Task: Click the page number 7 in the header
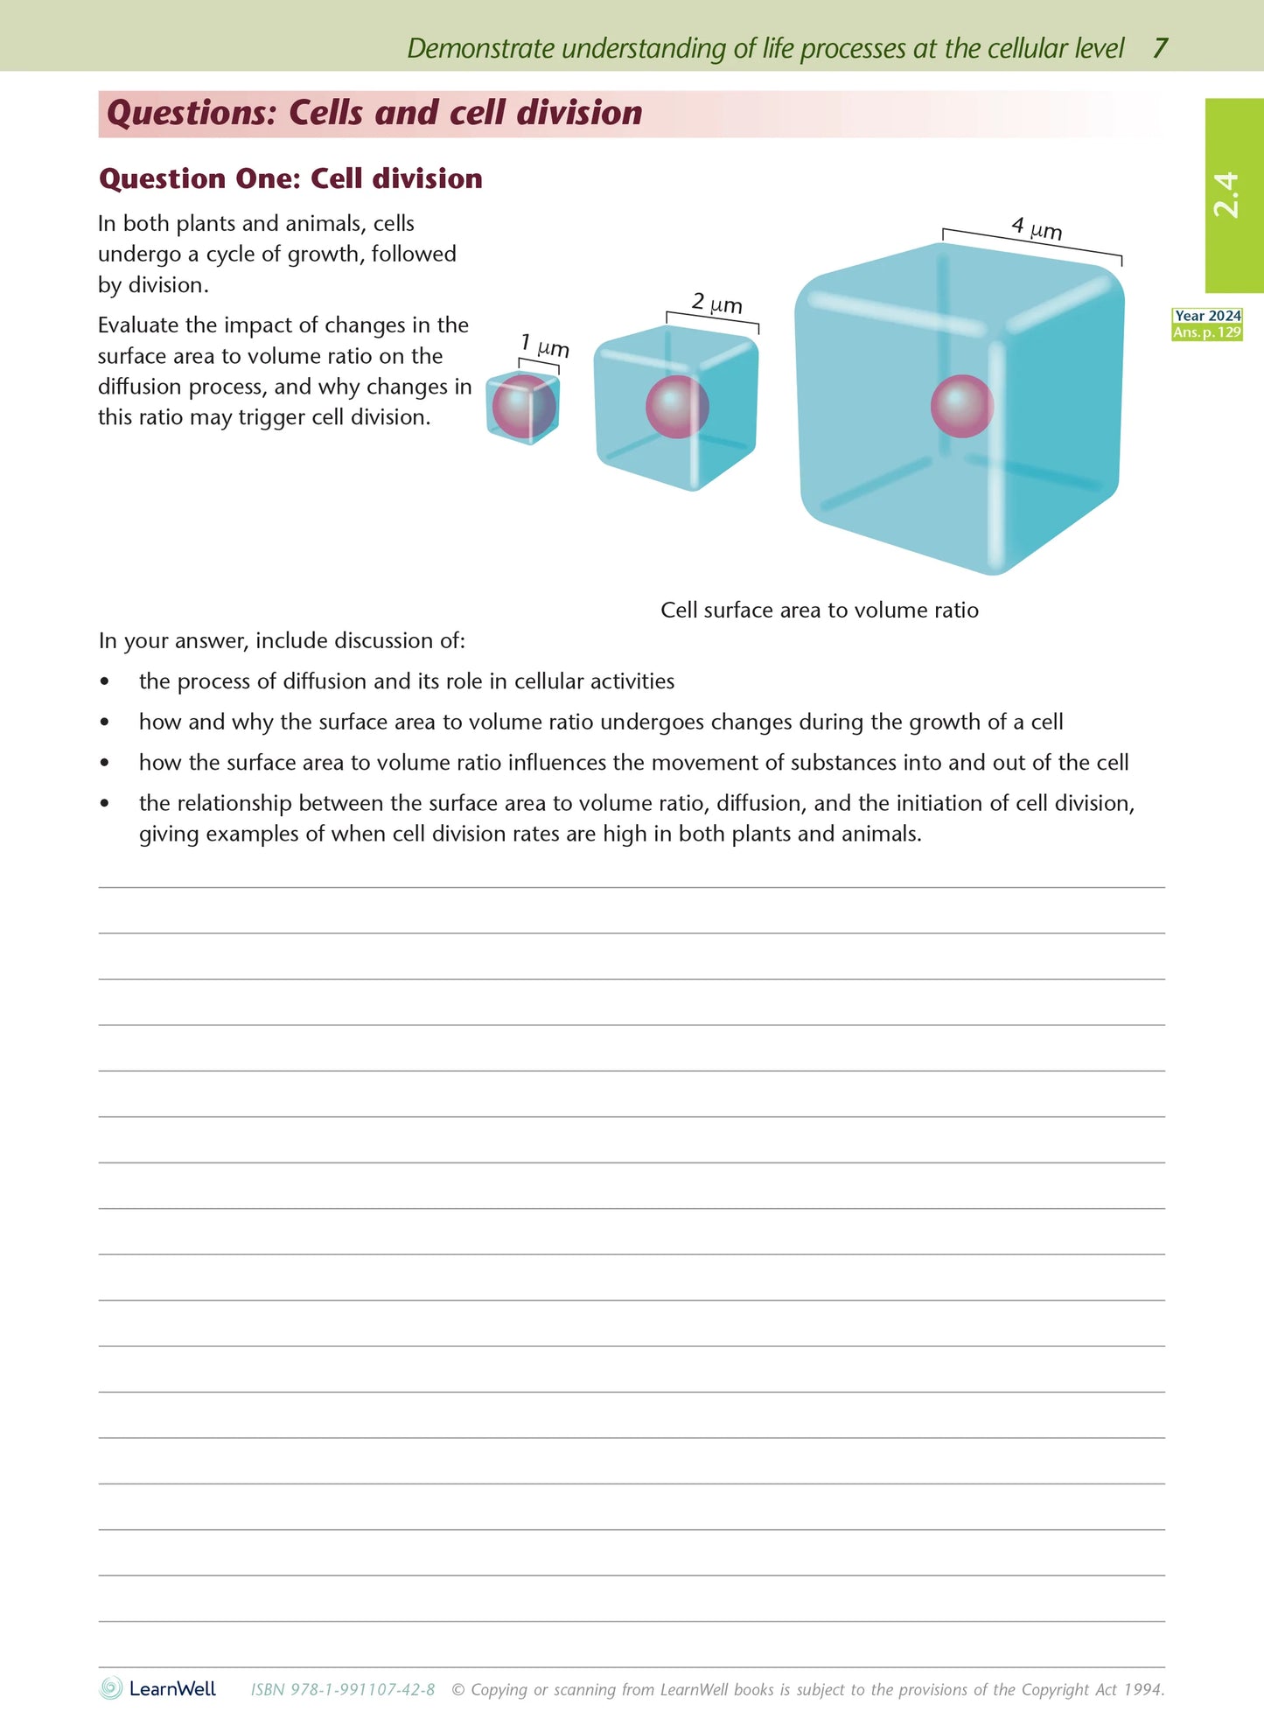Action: coord(1160,48)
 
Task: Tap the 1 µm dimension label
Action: coord(544,346)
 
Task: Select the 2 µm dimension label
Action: coord(716,304)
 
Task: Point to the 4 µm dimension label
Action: coord(1037,228)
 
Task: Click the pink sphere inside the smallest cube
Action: coord(523,407)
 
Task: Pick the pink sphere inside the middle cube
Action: coord(676,407)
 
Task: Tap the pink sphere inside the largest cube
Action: coord(961,407)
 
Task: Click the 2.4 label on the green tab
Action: coord(1226,194)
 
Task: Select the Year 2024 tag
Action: coord(1207,316)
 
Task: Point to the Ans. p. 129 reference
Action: coord(1207,332)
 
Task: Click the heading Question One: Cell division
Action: coord(290,178)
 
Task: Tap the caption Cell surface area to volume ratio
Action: coord(819,610)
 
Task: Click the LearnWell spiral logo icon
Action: coord(111,1688)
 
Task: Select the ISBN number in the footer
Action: coord(343,1690)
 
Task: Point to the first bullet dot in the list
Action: coord(105,682)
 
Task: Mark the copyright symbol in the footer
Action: coord(457,1690)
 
